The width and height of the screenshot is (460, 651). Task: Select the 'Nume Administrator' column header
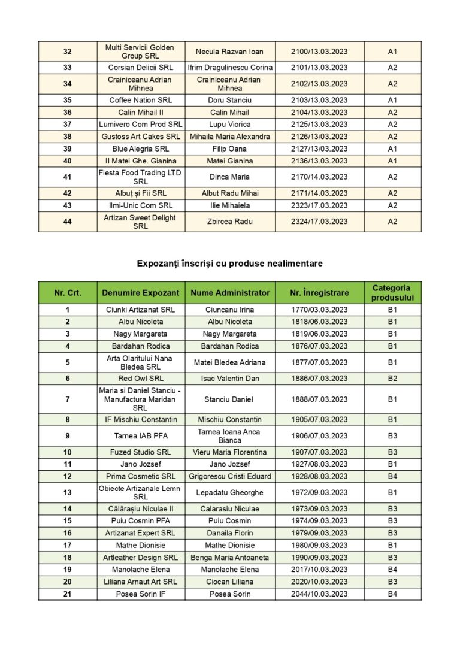click(230, 293)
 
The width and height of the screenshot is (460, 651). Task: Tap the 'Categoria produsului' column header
click(392, 293)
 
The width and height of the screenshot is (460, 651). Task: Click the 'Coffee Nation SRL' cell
click(141, 100)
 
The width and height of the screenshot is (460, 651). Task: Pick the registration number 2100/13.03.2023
click(319, 52)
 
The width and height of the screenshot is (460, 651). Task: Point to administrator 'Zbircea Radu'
click(230, 222)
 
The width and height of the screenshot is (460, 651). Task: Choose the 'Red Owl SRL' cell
click(141, 379)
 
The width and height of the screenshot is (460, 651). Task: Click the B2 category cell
click(392, 379)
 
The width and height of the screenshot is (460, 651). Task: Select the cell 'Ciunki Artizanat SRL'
click(141, 310)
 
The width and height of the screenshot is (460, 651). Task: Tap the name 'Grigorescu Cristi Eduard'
click(230, 476)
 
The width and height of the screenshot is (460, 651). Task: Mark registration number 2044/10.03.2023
click(319, 594)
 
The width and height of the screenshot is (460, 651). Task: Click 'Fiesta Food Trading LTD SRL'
click(141, 177)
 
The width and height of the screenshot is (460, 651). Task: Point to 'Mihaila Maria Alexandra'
click(230, 137)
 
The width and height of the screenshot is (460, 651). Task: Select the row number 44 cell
click(67, 222)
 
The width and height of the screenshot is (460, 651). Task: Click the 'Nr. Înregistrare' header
click(319, 293)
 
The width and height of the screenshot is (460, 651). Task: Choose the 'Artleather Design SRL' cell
click(141, 557)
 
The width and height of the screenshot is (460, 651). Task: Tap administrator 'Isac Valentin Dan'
click(230, 379)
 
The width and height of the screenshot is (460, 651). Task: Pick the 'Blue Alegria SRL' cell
click(141, 149)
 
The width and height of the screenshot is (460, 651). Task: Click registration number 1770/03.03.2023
click(319, 310)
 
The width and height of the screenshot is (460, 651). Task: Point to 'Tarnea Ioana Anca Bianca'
click(230, 435)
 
